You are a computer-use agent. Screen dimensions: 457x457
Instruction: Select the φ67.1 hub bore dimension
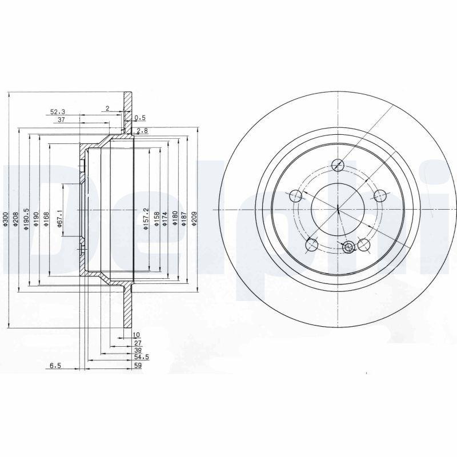[59, 218]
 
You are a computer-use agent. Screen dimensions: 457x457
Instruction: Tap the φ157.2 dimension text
[146, 218]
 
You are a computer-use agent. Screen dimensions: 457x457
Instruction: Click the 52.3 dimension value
[58, 112]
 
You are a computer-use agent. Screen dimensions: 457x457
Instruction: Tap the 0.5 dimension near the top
[139, 118]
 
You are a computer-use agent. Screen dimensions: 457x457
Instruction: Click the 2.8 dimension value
[142, 131]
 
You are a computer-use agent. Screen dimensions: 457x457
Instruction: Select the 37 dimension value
[61, 119]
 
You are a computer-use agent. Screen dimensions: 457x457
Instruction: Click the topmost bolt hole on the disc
[338, 166]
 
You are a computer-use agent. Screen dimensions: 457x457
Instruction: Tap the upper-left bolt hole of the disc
[296, 197]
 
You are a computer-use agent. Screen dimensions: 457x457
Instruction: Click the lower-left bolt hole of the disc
[312, 246]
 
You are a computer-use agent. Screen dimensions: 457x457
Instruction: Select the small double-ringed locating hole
[349, 247]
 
